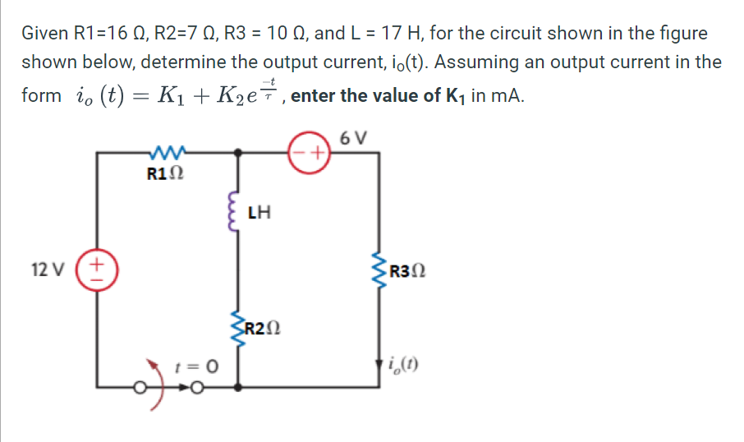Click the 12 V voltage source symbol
click(x=96, y=269)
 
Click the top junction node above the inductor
click(x=238, y=153)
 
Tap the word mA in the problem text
click(x=507, y=94)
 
